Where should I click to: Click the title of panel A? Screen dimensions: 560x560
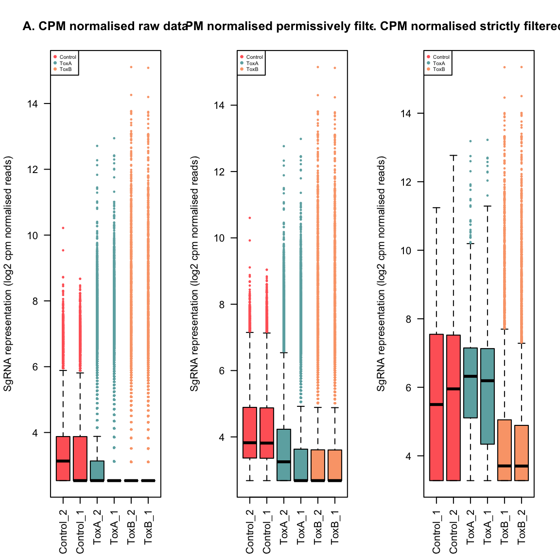tap(105, 26)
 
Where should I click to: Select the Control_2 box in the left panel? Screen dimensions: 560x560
tap(63, 458)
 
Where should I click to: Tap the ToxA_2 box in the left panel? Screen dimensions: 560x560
tap(97, 471)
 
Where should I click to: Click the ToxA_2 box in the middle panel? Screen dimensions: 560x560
tap(284, 455)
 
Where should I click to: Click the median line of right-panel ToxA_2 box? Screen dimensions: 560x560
tap(471, 376)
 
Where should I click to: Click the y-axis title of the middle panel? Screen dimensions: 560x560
tap(194, 274)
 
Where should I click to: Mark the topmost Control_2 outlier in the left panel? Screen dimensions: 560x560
tap(63, 228)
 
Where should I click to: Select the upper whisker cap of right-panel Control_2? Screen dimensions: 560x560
tap(454, 156)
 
